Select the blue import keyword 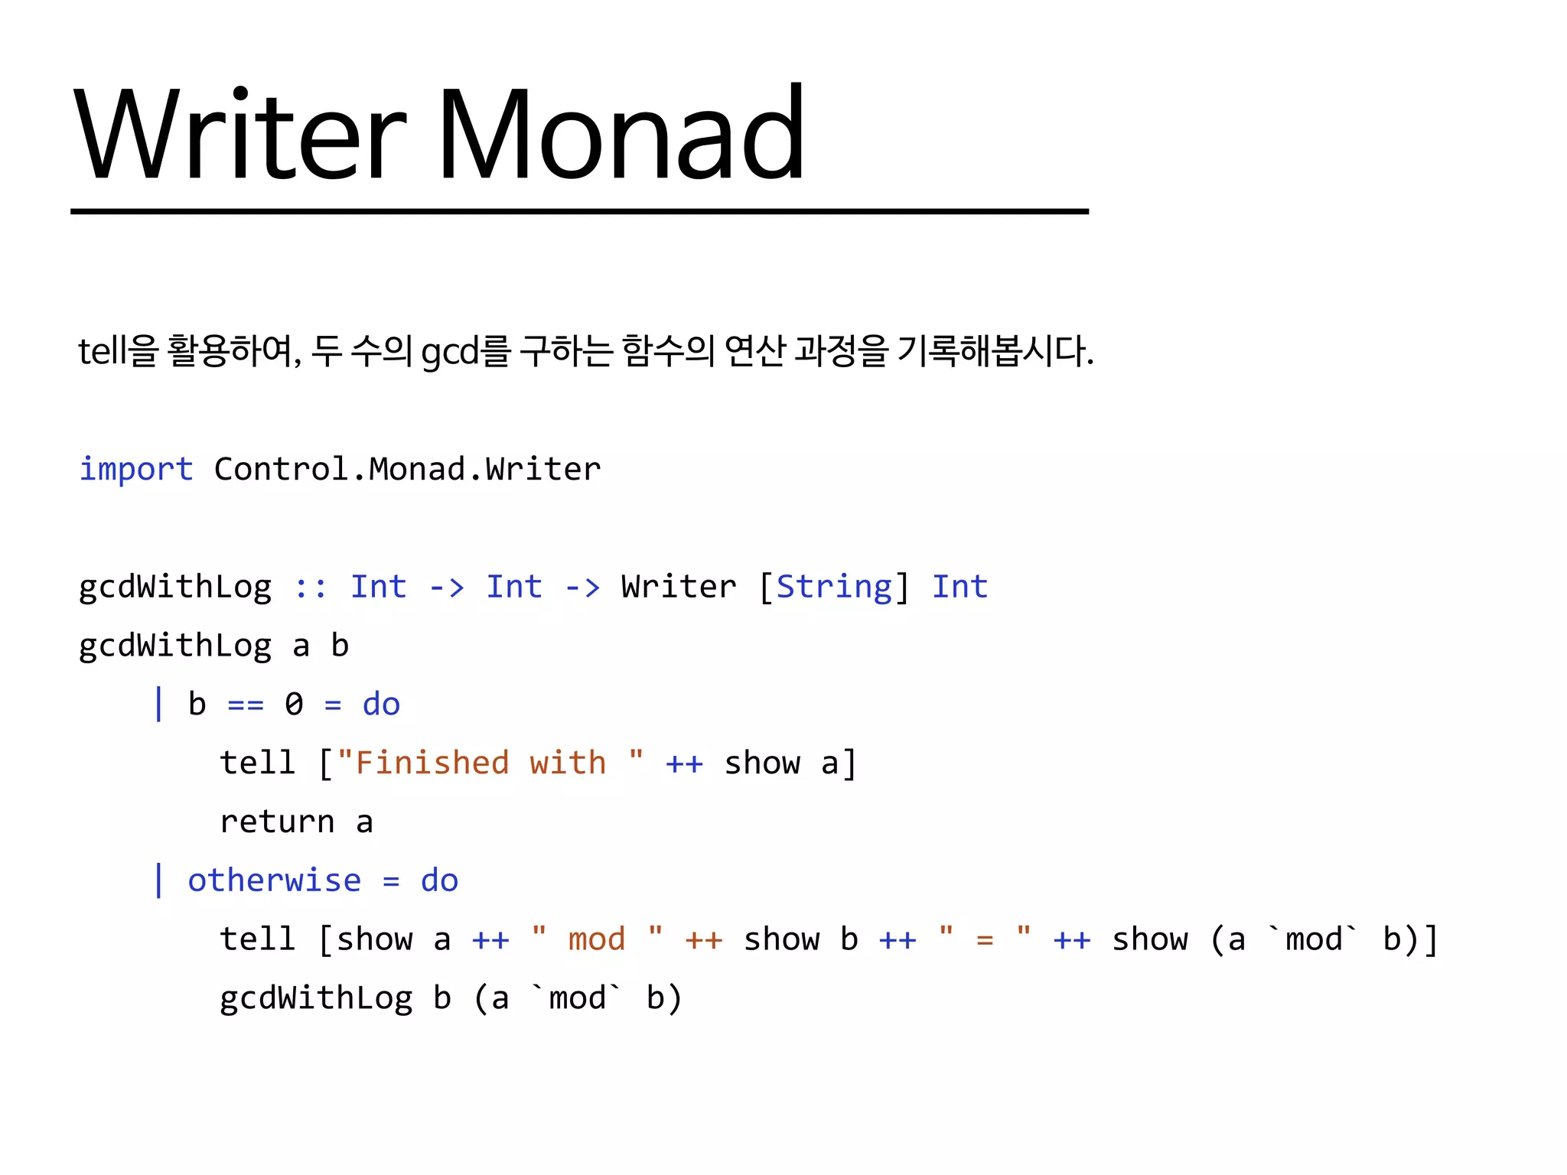click(x=136, y=469)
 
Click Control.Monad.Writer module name click(x=407, y=469)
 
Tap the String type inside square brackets click(x=834, y=587)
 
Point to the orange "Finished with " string click(x=490, y=763)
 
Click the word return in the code click(x=277, y=822)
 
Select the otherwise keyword click(x=274, y=880)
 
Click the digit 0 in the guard click(x=294, y=704)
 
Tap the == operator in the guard click(x=246, y=705)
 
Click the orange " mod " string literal click(x=597, y=939)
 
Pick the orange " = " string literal click(x=985, y=939)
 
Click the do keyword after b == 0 click(x=381, y=704)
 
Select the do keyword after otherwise click(x=439, y=880)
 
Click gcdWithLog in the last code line click(x=316, y=998)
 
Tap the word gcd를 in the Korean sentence click(x=465, y=351)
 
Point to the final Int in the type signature click(x=959, y=587)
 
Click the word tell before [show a click(x=257, y=939)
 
